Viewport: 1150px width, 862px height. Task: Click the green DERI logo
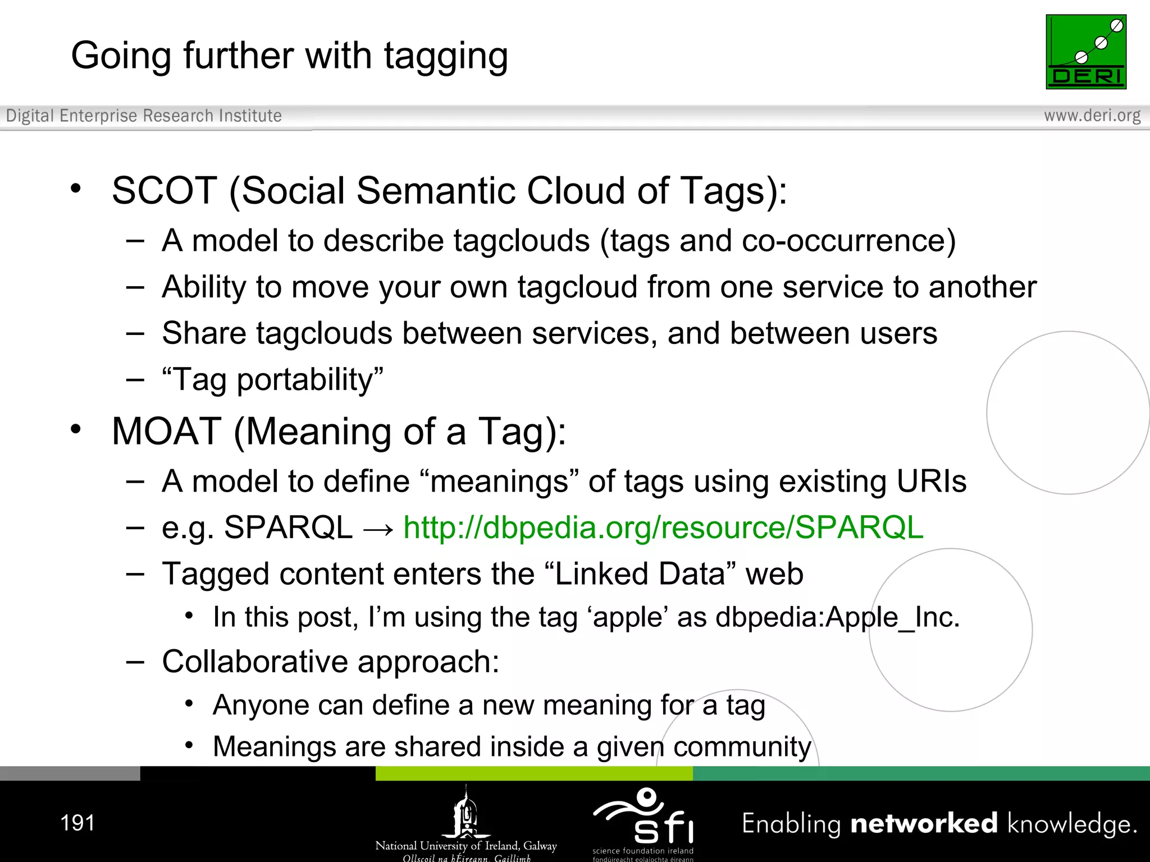(x=1085, y=52)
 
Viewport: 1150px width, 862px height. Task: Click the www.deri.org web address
(x=1092, y=116)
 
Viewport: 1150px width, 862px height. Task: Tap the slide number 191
(x=77, y=823)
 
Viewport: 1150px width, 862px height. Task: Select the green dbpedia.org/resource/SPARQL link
(x=663, y=528)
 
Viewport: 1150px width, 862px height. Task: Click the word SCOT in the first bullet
(x=164, y=191)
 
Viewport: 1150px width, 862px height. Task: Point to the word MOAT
(x=166, y=432)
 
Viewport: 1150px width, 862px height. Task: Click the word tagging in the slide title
(x=446, y=57)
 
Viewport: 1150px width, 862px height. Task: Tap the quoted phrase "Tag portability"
(x=272, y=380)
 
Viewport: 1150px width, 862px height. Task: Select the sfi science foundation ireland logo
(x=644, y=822)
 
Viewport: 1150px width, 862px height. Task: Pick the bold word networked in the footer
(x=924, y=823)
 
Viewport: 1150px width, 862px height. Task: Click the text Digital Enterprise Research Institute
(x=144, y=116)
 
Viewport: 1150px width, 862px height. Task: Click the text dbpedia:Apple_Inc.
(x=837, y=617)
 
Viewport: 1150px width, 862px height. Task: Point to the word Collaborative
(x=254, y=662)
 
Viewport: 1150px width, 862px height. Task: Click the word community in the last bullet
(x=742, y=747)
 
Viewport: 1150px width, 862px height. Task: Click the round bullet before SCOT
(x=76, y=188)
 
